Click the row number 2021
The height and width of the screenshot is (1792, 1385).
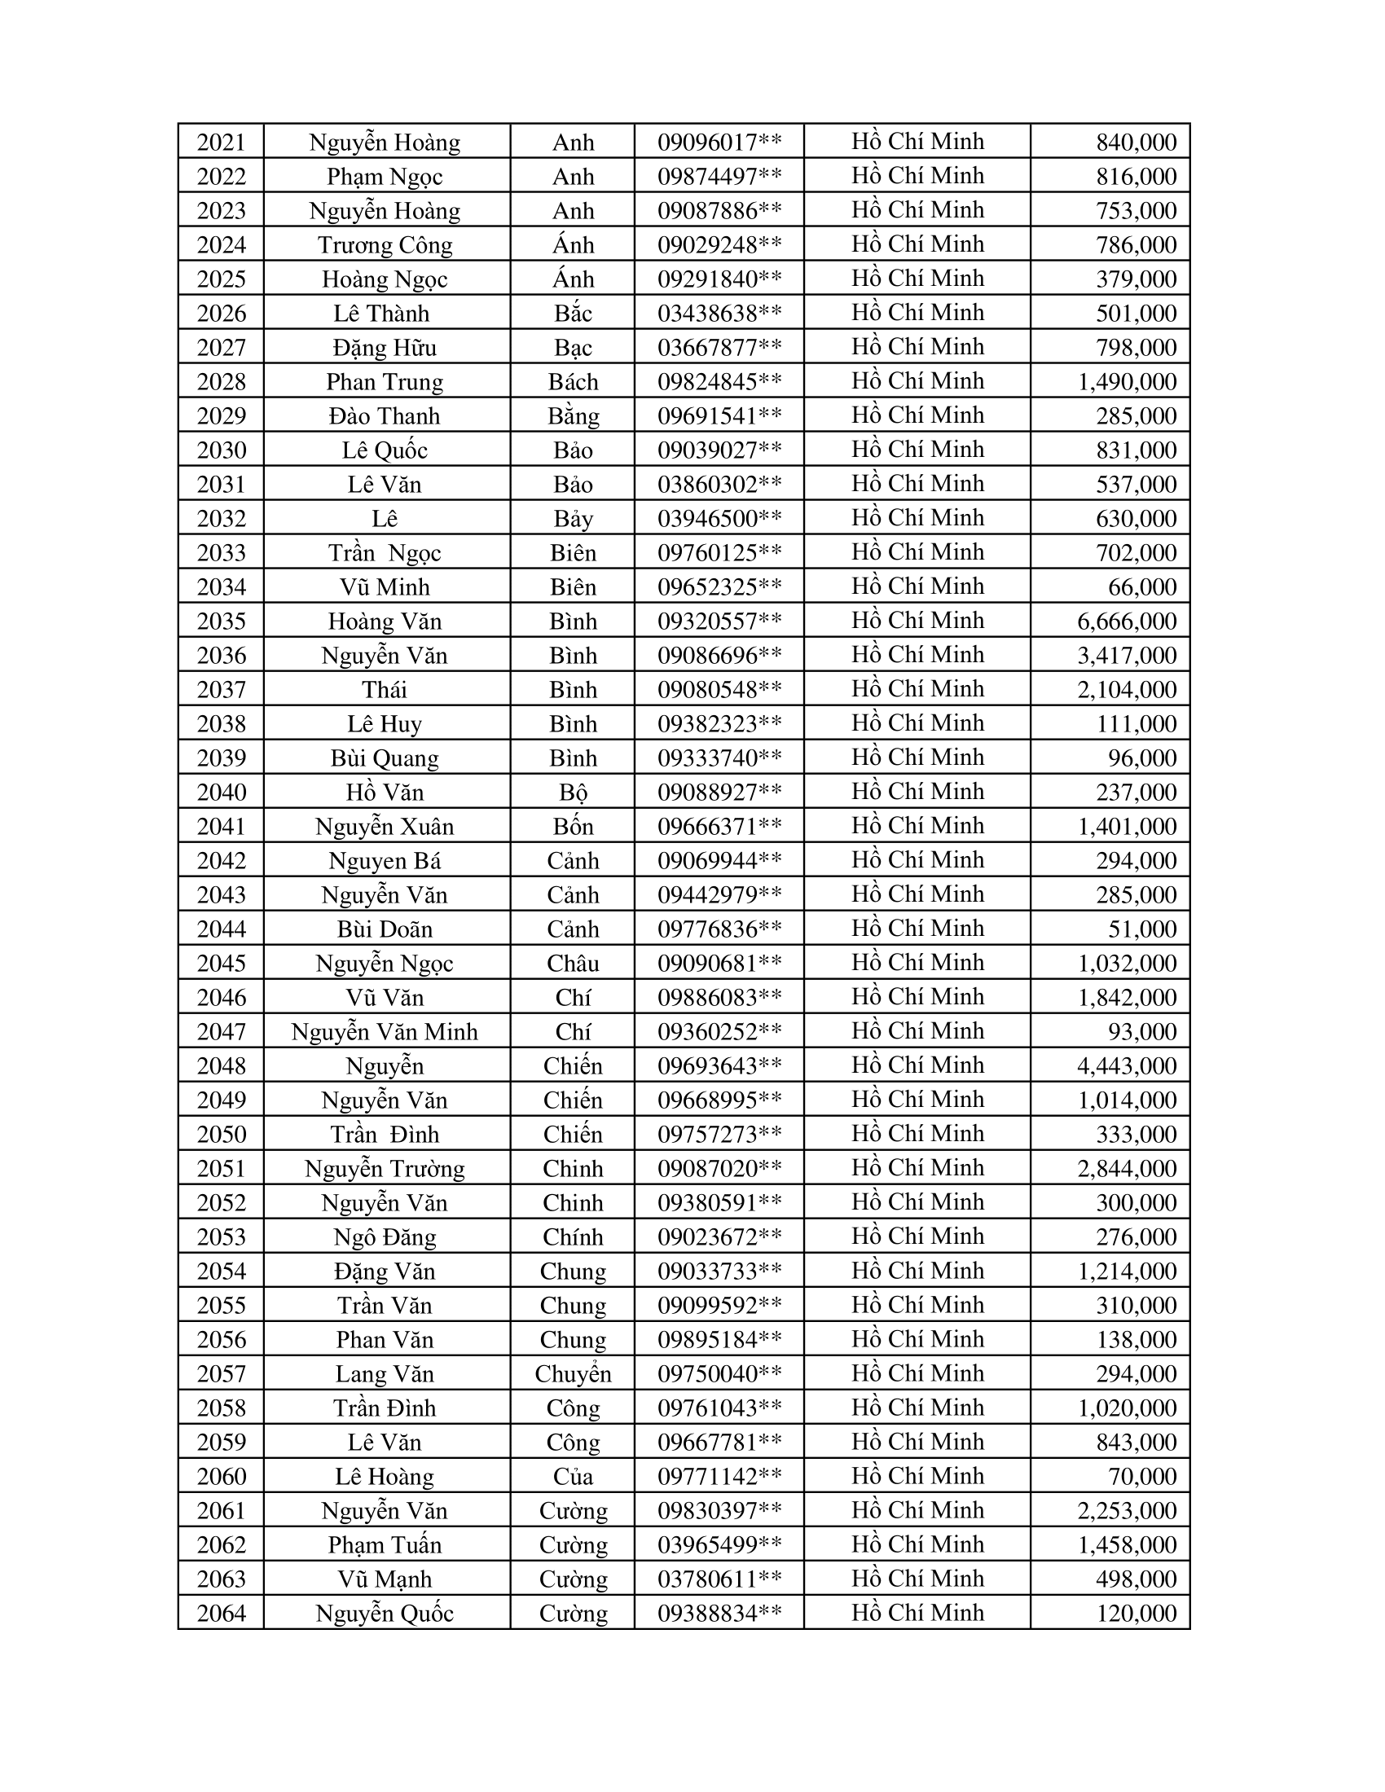[222, 143]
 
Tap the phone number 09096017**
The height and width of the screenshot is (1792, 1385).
[719, 143]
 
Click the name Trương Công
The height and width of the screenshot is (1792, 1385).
[385, 245]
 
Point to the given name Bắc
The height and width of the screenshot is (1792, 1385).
[573, 314]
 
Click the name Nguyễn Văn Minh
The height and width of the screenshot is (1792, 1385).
[385, 1032]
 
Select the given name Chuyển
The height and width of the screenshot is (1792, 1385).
[573, 1373]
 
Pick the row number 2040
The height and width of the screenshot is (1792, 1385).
[222, 793]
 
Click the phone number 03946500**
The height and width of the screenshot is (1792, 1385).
[719, 519]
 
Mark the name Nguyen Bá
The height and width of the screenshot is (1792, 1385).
[385, 861]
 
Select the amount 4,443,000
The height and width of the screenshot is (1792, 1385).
[1127, 1066]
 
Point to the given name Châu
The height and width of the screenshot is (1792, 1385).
[573, 964]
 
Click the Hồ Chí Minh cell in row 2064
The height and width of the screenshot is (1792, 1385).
[917, 1612]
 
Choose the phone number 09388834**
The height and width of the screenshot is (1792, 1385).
[719, 1613]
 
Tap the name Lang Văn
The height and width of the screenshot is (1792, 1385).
[385, 1373]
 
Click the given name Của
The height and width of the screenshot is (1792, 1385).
[573, 1477]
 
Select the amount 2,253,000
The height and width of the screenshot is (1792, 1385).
[1127, 1510]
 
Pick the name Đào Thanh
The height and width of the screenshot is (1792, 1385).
[385, 416]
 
